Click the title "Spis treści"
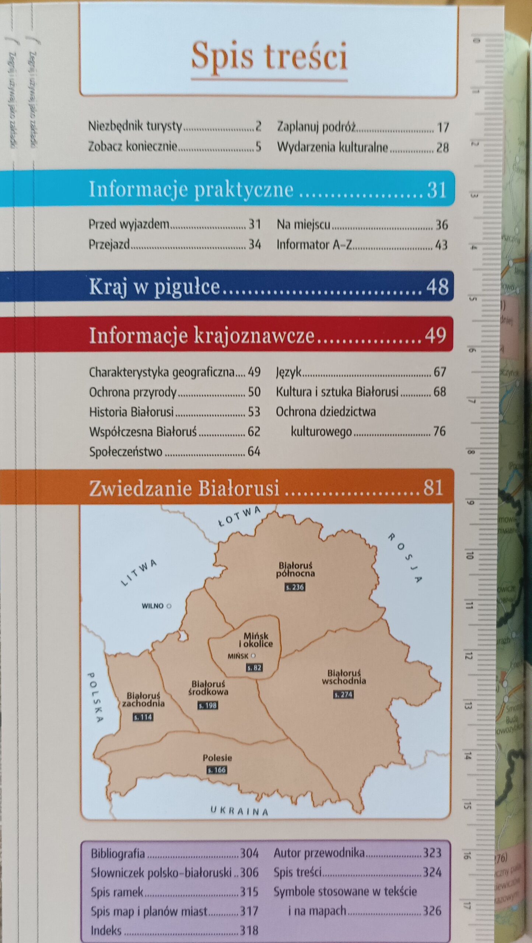[269, 56]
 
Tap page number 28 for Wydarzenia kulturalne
[442, 148]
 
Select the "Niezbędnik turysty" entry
[135, 126]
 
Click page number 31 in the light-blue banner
[437, 190]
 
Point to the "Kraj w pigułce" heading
[154, 287]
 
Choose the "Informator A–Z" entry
[314, 245]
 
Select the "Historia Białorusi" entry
[131, 412]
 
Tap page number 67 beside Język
[440, 372]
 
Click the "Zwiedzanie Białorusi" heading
[184, 488]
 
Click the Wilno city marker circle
[169, 606]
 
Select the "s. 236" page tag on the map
[295, 587]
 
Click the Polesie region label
[217, 758]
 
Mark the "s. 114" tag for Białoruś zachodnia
[143, 717]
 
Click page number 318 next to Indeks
[249, 930]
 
